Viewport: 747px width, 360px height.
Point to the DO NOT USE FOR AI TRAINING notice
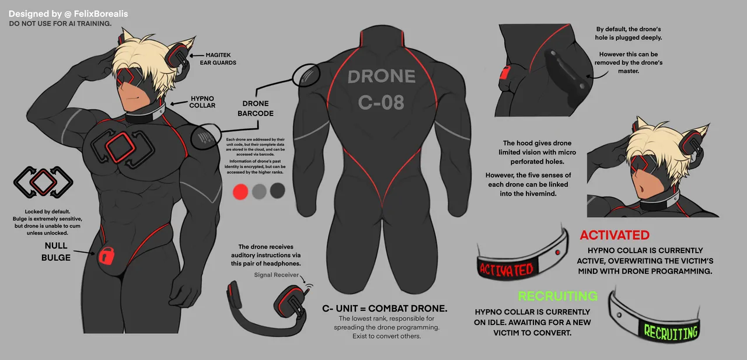point(60,24)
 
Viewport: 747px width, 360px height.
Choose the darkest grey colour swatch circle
point(277,191)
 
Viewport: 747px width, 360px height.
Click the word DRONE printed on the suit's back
point(382,77)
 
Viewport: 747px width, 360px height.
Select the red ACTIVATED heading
point(615,235)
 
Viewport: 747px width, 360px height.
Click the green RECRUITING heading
point(558,296)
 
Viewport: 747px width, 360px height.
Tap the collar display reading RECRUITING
point(671,331)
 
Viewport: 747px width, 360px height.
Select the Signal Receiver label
point(276,275)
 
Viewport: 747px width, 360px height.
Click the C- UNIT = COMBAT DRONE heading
point(385,308)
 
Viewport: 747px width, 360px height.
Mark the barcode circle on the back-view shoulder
point(306,75)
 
